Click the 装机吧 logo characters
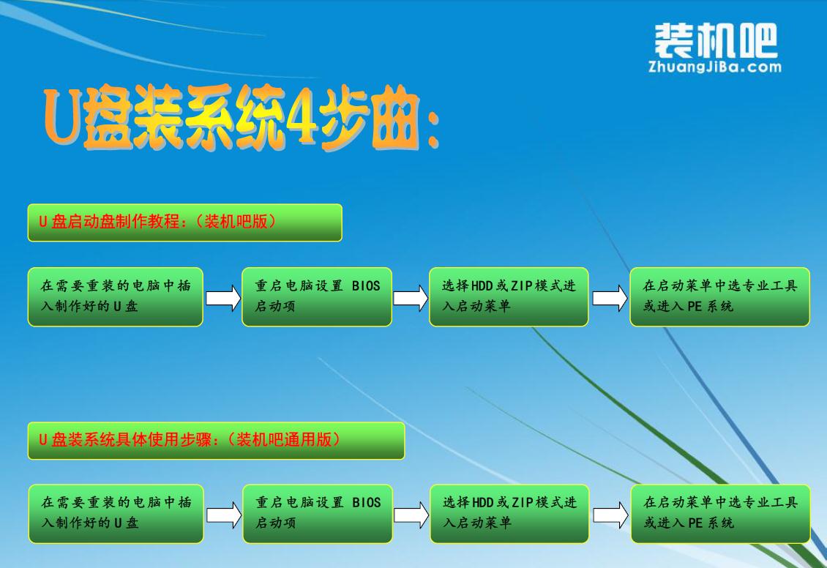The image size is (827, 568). [715, 41]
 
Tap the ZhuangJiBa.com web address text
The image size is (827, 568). [715, 67]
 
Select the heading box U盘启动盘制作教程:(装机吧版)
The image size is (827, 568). [184, 223]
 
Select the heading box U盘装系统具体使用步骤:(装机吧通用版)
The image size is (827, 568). [216, 441]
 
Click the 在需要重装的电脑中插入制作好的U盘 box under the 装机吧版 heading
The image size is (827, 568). [116, 296]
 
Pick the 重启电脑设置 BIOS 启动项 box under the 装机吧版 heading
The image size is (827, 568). [317, 296]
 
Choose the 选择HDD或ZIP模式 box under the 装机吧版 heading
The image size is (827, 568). [509, 296]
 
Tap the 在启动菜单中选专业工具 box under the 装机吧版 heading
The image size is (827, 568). [719, 296]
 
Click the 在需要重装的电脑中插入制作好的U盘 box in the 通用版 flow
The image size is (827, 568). [116, 513]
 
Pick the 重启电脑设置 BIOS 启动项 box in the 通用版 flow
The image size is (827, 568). [318, 513]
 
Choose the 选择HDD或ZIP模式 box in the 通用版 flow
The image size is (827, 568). [509, 513]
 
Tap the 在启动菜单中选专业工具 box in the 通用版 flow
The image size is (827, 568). [720, 513]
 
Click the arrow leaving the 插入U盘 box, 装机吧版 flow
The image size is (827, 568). [222, 298]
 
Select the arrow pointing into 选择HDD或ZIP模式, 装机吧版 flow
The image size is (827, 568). [411, 298]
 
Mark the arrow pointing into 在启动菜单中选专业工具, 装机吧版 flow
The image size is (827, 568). [610, 298]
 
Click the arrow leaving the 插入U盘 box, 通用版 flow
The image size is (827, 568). [223, 515]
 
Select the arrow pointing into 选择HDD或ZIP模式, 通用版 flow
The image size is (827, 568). [411, 515]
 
